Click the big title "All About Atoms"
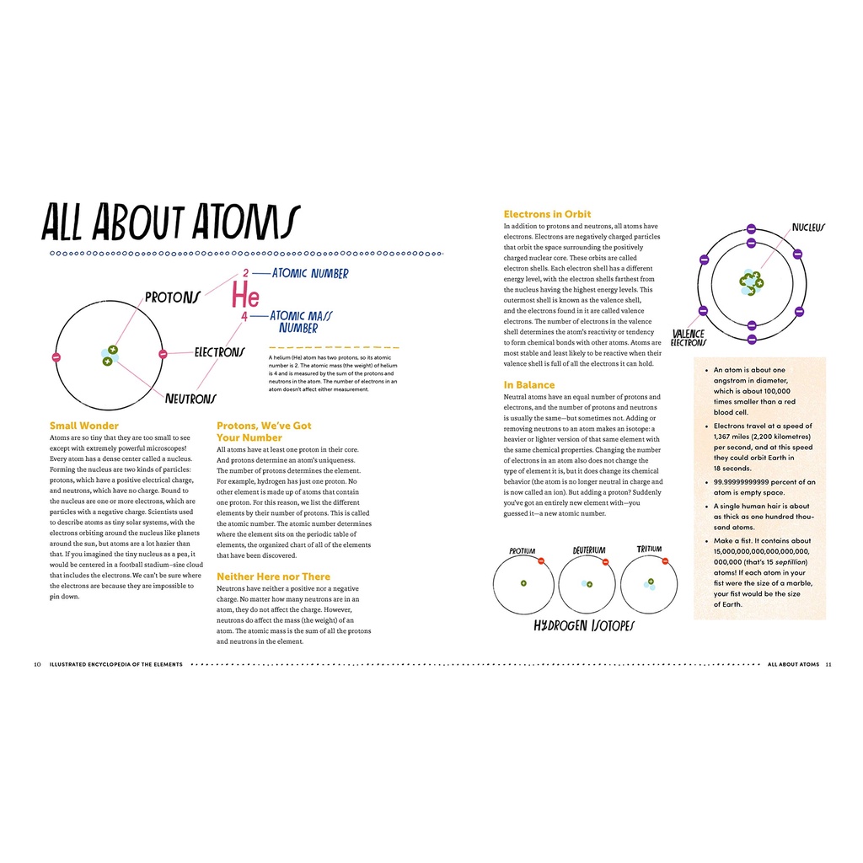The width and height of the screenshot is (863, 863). (170, 223)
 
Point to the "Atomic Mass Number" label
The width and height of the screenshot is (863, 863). (301, 322)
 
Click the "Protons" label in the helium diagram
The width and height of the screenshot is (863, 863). (172, 297)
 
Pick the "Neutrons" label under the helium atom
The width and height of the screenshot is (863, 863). (190, 399)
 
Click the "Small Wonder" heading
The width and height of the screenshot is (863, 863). (84, 426)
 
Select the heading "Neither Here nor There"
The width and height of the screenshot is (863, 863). (273, 576)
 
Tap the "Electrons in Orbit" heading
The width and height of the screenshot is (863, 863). (547, 214)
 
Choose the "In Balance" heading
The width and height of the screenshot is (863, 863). (529, 385)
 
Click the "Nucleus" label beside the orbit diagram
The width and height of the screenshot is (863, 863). (807, 228)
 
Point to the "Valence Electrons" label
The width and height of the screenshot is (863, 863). (688, 338)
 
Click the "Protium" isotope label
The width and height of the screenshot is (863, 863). (522, 551)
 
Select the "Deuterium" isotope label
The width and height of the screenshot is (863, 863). (589, 550)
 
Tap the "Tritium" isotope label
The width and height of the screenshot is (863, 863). (649, 549)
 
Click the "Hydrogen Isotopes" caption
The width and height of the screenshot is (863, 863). (584, 626)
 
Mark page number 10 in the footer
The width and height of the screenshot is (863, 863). (38, 664)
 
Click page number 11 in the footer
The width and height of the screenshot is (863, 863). (828, 664)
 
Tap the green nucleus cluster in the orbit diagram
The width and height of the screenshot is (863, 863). (750, 282)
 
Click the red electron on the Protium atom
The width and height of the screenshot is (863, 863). (541, 560)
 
